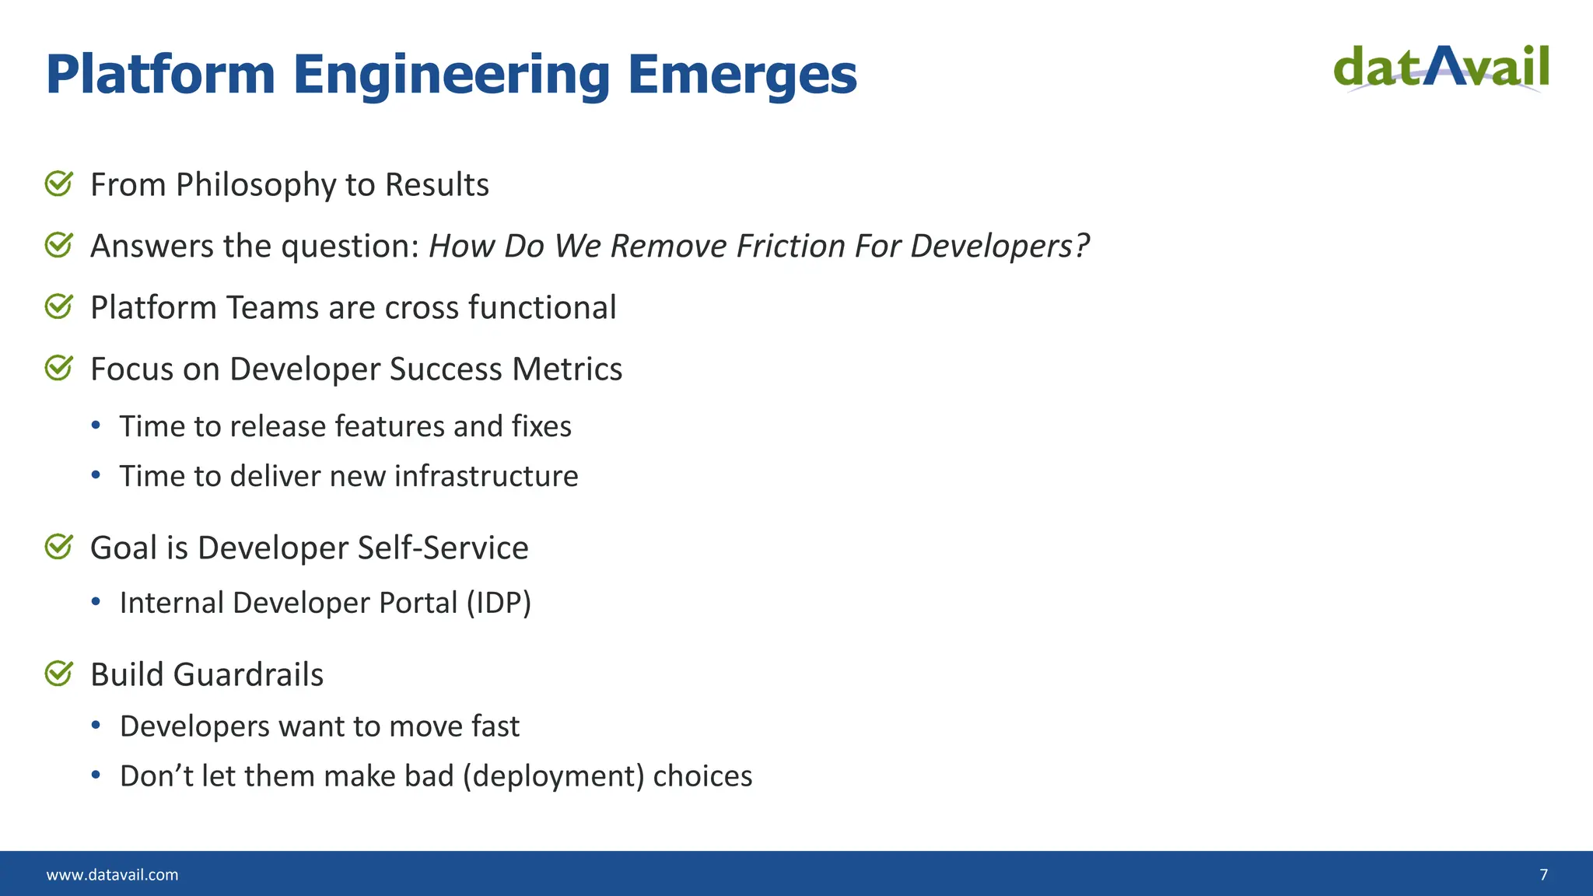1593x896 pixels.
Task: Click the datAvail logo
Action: (x=1441, y=68)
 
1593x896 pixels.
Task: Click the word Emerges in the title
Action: (x=741, y=75)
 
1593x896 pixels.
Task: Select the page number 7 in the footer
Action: (x=1543, y=875)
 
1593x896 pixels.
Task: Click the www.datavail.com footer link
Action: (x=112, y=875)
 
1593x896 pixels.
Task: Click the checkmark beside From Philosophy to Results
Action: (x=59, y=184)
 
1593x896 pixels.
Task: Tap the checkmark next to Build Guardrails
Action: (x=59, y=674)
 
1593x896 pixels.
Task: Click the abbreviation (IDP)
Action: (x=499, y=603)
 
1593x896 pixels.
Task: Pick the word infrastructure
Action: (x=486, y=476)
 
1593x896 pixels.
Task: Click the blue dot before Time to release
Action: (x=96, y=425)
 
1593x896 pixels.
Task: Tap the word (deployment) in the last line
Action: (x=553, y=776)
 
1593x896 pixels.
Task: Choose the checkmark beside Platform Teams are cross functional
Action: (x=59, y=307)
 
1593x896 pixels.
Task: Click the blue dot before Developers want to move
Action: (x=96, y=726)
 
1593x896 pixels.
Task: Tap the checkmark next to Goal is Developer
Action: (x=59, y=547)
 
